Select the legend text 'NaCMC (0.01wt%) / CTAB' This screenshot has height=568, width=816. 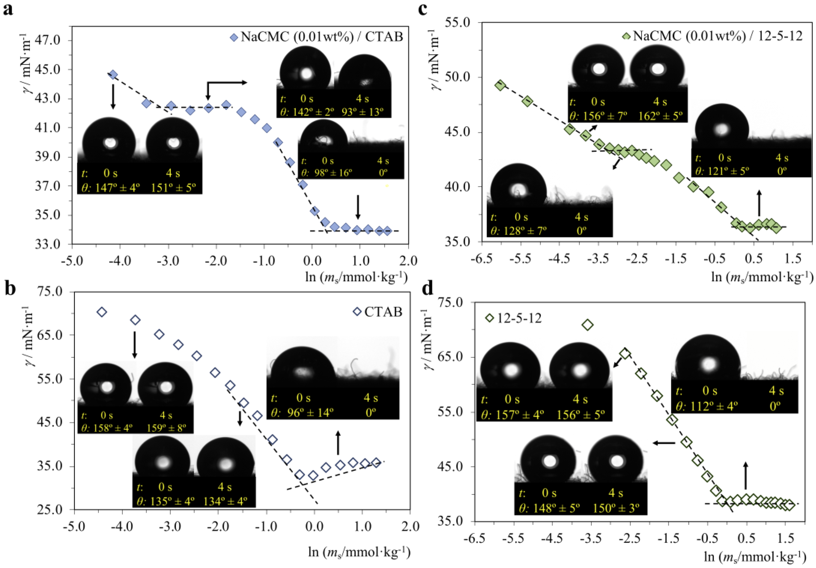(x=322, y=37)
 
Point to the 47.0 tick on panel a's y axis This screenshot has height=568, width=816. (x=53, y=40)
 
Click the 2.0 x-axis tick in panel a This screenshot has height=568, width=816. (x=408, y=261)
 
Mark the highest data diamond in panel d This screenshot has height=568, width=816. (x=588, y=325)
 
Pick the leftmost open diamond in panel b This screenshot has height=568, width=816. (x=102, y=312)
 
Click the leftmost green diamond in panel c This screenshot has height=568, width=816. (x=500, y=85)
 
